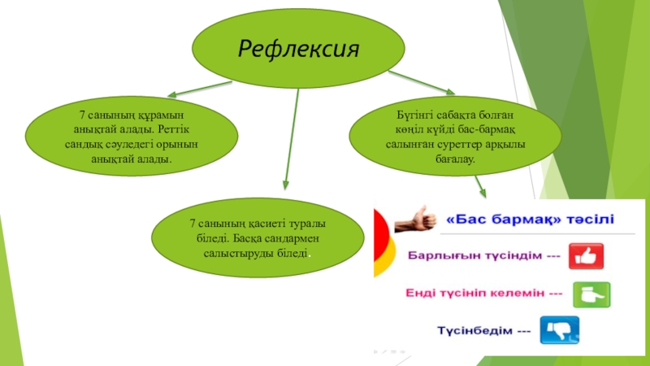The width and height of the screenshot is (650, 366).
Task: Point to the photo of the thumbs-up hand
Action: [x=414, y=218]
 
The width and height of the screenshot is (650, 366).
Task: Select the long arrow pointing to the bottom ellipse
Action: [x=290, y=138]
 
